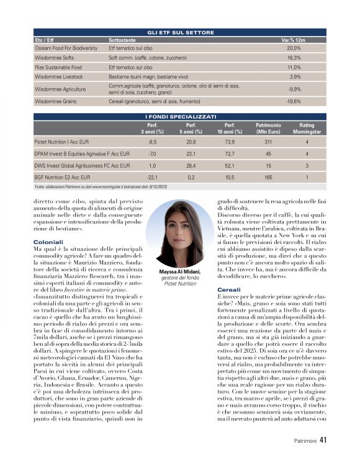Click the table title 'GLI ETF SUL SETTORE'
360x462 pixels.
[x=181, y=32]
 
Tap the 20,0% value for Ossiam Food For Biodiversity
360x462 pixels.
[x=294, y=48]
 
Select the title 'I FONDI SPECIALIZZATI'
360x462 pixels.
[x=181, y=116]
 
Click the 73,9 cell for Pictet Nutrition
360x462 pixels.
[x=229, y=142]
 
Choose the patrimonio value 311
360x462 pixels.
[x=268, y=142]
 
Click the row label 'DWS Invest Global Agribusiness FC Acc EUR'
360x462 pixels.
[x=82, y=165]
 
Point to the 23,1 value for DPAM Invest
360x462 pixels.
[x=191, y=153]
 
